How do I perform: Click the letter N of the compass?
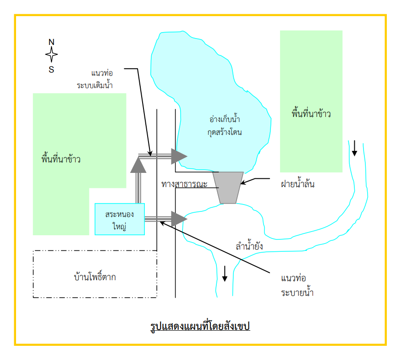coord(51,42)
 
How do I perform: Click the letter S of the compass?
coord(51,70)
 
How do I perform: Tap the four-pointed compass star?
coord(51,55)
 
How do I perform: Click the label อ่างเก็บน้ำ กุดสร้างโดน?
coord(225,126)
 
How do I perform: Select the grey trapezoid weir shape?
coord(228,188)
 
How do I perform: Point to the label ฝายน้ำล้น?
coord(297,183)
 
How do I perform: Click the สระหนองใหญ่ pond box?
coord(120,219)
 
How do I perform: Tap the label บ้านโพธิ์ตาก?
coord(95,277)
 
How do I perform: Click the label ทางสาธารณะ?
coord(184,184)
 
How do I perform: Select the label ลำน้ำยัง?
coord(249,246)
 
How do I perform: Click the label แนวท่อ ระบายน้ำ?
coord(297,285)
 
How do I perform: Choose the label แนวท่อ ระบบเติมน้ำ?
coord(94,79)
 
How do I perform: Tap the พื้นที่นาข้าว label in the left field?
coord(61,159)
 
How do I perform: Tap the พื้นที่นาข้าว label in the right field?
coord(311,113)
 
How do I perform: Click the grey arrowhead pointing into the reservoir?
coord(179,156)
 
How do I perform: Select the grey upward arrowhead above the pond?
coord(138,165)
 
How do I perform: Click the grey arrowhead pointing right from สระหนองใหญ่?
coord(179,219)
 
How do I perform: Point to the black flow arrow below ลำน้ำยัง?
coord(225,274)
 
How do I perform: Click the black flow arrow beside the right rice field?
coord(355,148)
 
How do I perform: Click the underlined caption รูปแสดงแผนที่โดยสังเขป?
coord(200,326)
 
